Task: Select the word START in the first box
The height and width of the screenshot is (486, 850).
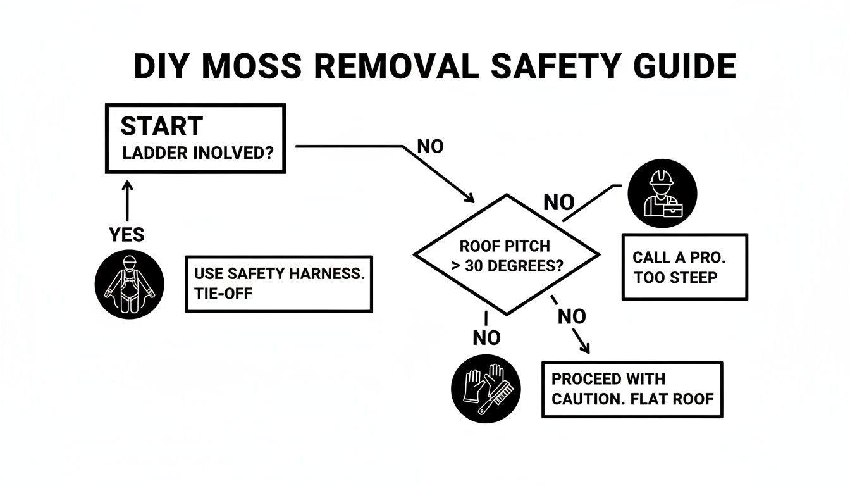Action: (161, 126)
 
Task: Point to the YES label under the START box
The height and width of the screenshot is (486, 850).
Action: (126, 235)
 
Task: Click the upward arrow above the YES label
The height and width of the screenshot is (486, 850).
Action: (127, 201)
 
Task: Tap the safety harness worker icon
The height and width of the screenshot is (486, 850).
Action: (129, 283)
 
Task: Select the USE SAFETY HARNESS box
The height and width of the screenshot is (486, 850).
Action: (278, 283)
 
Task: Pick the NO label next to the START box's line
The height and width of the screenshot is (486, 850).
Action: (431, 147)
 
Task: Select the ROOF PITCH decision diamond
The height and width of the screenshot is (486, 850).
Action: (506, 254)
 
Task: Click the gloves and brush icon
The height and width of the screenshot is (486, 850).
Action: (485, 387)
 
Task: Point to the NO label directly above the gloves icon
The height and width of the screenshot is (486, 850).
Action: (486, 339)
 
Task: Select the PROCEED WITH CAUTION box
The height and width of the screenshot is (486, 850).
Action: (632, 389)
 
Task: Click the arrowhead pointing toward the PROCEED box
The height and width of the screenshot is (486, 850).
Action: (585, 348)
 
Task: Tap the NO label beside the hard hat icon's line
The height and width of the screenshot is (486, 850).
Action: (559, 203)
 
